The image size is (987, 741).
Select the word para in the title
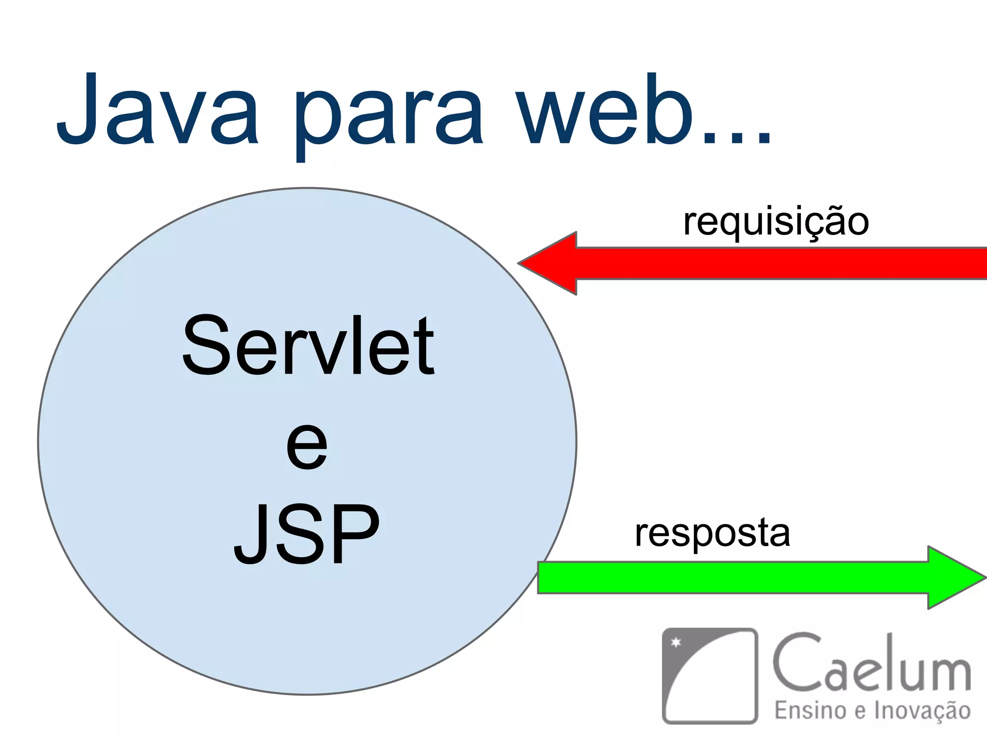(388, 116)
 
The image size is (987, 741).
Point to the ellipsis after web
(737, 137)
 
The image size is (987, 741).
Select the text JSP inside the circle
(307, 534)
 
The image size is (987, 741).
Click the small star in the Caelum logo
(676, 642)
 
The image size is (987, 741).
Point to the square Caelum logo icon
(709, 675)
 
